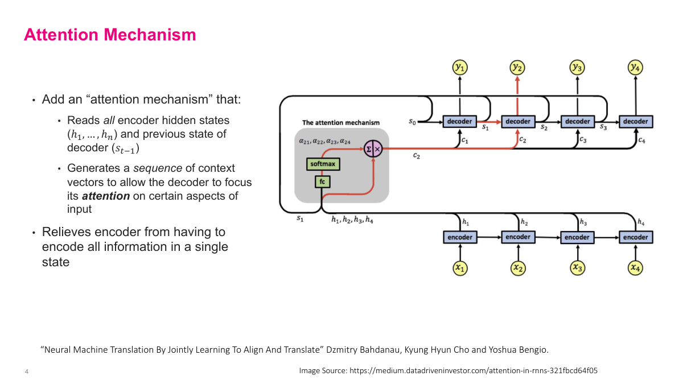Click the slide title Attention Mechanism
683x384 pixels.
coord(110,35)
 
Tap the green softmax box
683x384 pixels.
coord(323,164)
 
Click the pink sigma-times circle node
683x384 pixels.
coord(373,150)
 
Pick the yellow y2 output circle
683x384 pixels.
coord(517,67)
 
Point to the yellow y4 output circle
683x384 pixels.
coord(635,67)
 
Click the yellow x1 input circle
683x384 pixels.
coord(460,267)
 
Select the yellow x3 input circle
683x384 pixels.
coord(577,267)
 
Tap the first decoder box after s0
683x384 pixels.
coord(459,121)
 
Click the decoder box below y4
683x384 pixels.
coord(635,121)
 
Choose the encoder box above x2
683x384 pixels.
coord(518,237)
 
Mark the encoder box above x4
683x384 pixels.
coord(635,237)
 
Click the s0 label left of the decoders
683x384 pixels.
coord(413,122)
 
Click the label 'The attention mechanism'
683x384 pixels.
coord(340,122)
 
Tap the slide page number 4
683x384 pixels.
coord(27,372)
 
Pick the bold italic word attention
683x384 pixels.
coord(106,196)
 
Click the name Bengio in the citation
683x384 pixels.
coord(533,349)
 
